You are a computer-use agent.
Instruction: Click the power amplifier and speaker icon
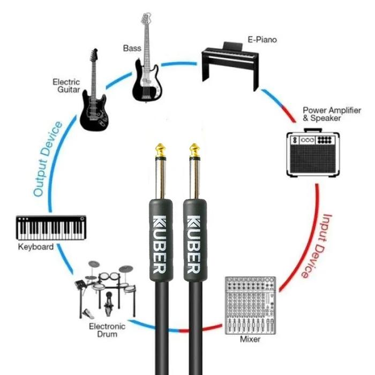coord(313,153)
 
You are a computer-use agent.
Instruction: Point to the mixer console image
coord(250,306)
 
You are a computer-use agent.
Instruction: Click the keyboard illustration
coord(51,228)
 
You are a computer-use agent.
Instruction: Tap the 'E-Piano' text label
coord(262,40)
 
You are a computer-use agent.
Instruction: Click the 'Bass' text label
coord(132,48)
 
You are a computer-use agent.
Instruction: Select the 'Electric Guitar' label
coord(66,86)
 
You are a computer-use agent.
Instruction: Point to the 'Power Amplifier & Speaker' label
coord(332,114)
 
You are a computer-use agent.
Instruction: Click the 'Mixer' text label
coord(250,339)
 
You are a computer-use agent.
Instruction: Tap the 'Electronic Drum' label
coord(107,330)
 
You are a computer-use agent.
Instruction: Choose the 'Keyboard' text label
coord(36,247)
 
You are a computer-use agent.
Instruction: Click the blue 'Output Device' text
coord(47,159)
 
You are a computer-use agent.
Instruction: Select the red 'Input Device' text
coord(317,246)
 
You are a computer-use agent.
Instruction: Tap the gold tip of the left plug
coord(160,149)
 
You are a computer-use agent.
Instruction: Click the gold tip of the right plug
coord(194,149)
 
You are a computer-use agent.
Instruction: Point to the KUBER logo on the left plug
coord(160,244)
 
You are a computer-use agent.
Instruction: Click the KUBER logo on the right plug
coord(194,244)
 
